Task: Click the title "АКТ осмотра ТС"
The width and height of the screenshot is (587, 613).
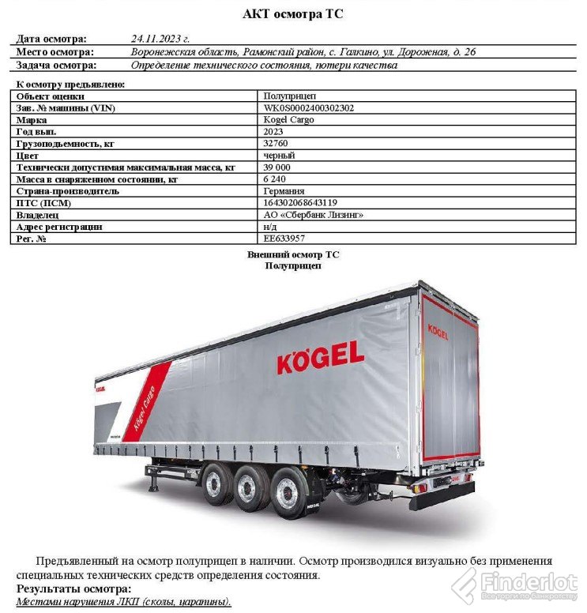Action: [292, 14]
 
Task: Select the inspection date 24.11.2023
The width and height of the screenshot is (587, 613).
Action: [160, 39]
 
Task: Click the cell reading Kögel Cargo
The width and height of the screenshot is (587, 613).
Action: [288, 119]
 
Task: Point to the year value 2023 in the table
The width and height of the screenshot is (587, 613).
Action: [273, 131]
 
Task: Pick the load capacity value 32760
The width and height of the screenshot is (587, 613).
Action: [275, 143]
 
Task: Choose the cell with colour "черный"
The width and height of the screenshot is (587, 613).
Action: [279, 156]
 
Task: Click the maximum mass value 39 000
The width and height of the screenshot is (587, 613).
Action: [277, 167]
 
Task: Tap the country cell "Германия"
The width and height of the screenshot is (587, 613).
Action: [284, 191]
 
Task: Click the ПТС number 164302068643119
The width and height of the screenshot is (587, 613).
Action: [300, 203]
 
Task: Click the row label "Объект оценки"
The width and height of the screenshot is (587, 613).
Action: [50, 96]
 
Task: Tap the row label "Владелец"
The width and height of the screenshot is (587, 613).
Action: [37, 215]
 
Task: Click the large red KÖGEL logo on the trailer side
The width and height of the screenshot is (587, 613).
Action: [320, 358]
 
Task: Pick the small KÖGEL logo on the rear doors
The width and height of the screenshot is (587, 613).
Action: [438, 330]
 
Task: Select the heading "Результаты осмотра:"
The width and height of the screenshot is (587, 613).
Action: [73, 589]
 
